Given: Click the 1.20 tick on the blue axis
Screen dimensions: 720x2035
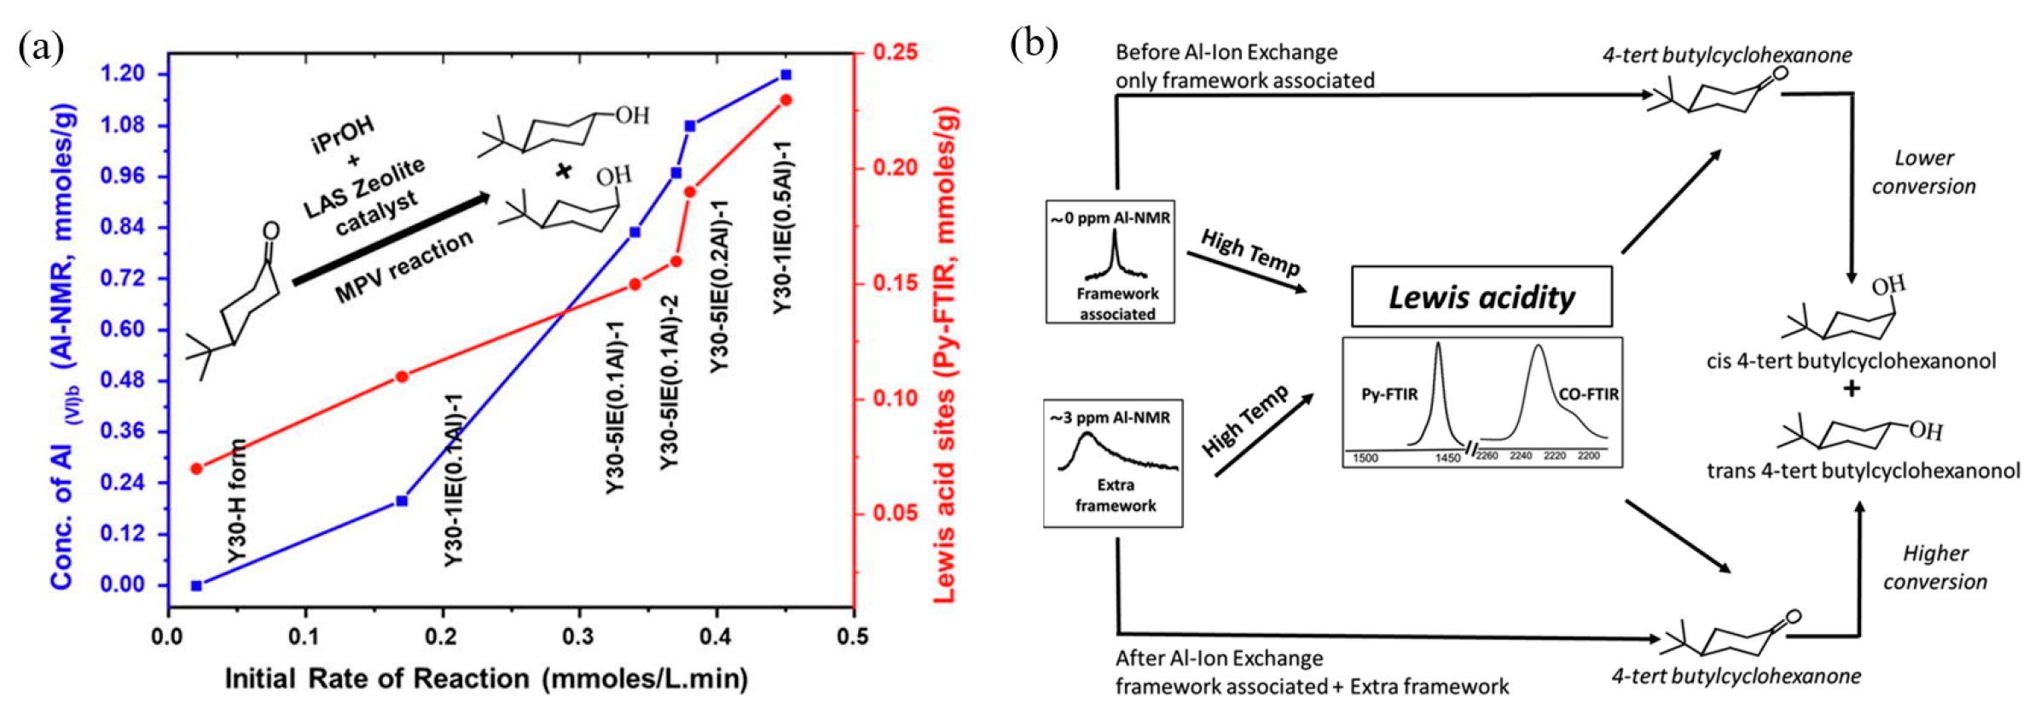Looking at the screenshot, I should pyautogui.click(x=123, y=74).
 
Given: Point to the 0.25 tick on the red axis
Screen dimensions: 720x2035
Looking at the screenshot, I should pyautogui.click(x=896, y=53).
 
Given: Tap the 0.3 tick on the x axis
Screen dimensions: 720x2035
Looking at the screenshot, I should pyautogui.click(x=578, y=636).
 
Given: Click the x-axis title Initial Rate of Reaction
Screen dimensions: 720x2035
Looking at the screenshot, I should pyautogui.click(x=486, y=679).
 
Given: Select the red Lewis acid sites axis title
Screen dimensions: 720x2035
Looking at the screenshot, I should pyautogui.click(x=944, y=354).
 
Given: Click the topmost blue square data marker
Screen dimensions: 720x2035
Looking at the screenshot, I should pyautogui.click(x=786, y=75).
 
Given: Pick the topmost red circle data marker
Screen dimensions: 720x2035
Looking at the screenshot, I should pyautogui.click(x=786, y=101).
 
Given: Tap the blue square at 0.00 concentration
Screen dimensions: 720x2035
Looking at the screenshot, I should pyautogui.click(x=197, y=585).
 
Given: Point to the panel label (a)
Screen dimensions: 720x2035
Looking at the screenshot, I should pyautogui.click(x=41, y=48).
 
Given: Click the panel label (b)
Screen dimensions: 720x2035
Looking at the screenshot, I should pyautogui.click(x=1034, y=44).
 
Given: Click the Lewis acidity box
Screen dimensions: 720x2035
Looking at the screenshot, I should pyautogui.click(x=1481, y=297).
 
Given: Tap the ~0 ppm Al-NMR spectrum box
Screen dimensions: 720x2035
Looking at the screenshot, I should pyautogui.click(x=1110, y=262).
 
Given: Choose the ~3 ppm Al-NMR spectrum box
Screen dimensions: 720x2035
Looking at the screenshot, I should pyautogui.click(x=1113, y=463).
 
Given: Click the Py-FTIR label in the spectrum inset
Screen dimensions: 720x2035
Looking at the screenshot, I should pyautogui.click(x=1389, y=394).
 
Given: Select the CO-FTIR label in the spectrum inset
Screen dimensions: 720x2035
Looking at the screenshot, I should pyautogui.click(x=1588, y=394).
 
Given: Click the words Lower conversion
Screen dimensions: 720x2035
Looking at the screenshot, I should pyautogui.click(x=1923, y=172).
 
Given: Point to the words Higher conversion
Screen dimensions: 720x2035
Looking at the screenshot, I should pyautogui.click(x=1934, y=567).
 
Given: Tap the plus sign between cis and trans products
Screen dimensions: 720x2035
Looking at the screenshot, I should pyautogui.click(x=1851, y=389).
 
